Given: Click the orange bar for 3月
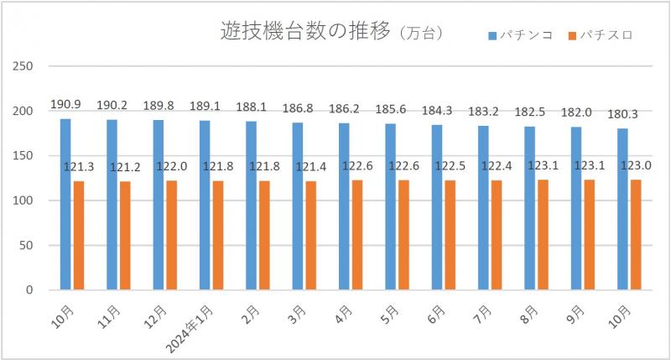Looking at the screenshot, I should click(x=311, y=235).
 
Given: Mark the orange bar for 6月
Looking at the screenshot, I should click(x=450, y=235).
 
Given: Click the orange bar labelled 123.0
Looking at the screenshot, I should click(x=636, y=235).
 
